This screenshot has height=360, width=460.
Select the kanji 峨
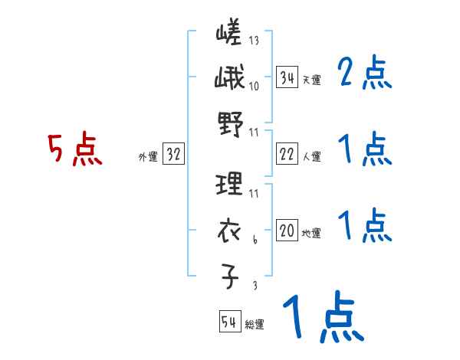[229, 77]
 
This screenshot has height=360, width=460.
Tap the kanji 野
[229, 123]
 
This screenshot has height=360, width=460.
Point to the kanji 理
[229, 184]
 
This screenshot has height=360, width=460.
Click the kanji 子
[229, 274]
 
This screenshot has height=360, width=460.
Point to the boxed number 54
[229, 322]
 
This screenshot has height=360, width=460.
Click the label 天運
[311, 80]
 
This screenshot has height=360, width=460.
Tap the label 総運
[255, 324]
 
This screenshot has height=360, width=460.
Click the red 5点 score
[74, 150]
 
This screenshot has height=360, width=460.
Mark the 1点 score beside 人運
[364, 150]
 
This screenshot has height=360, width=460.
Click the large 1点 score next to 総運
[322, 319]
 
